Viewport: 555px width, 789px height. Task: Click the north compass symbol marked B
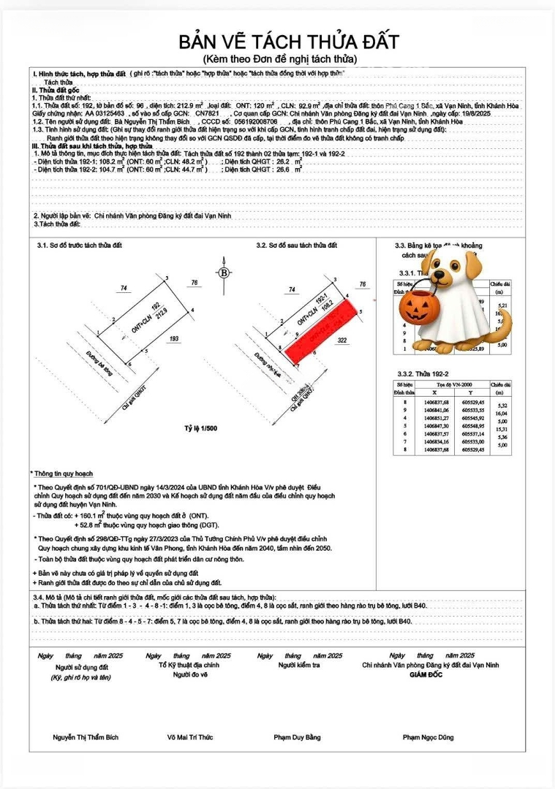(224, 272)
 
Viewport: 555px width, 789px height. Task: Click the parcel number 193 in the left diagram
(174, 338)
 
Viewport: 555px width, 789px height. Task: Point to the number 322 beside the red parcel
(341, 340)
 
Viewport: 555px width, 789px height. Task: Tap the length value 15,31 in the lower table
(502, 430)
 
